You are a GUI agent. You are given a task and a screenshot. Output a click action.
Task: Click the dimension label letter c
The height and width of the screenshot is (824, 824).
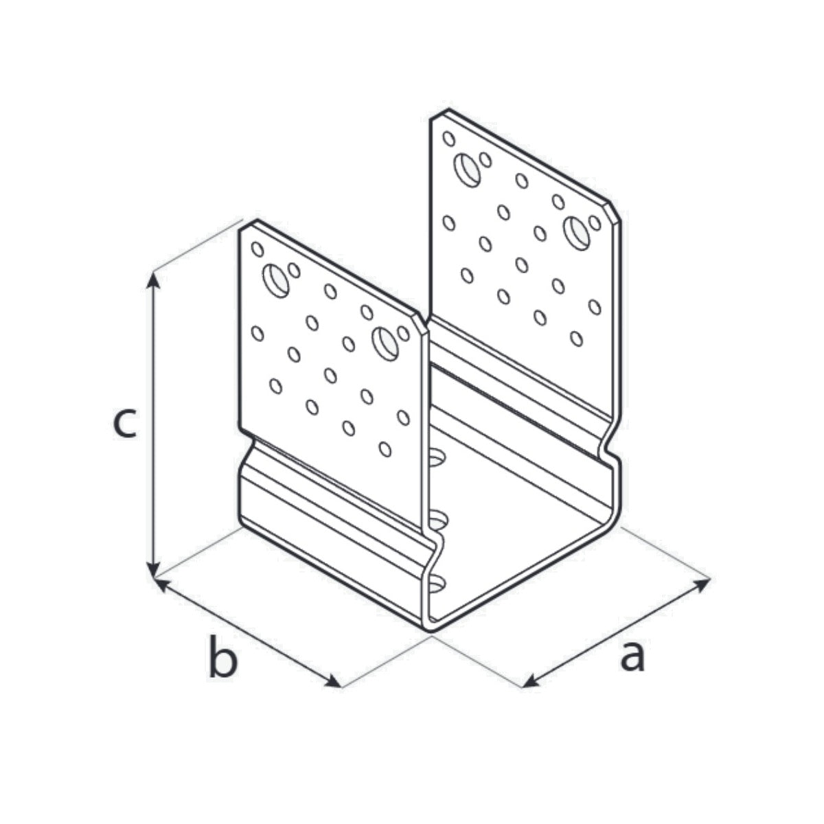[124, 424]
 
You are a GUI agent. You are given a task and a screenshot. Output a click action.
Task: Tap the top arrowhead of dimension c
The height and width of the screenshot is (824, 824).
[154, 279]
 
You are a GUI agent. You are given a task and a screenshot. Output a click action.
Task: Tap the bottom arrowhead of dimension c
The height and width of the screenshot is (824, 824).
[154, 569]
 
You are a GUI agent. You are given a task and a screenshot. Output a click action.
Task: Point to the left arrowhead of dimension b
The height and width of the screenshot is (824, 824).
[161, 584]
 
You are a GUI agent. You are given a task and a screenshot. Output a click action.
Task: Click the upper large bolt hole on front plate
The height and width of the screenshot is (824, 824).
[276, 281]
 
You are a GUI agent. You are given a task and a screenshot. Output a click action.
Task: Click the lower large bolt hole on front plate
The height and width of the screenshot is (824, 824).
[385, 343]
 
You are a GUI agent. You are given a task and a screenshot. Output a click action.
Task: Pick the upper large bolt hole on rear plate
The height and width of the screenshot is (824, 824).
[468, 170]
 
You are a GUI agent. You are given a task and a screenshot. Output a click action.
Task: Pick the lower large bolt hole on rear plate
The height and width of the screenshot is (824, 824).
[576, 233]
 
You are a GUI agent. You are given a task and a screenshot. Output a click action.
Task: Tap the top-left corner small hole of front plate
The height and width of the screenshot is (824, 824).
[257, 249]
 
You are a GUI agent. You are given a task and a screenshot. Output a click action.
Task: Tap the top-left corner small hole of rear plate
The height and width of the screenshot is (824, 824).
[448, 139]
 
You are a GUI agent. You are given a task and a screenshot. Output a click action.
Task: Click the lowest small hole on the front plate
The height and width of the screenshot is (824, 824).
[385, 449]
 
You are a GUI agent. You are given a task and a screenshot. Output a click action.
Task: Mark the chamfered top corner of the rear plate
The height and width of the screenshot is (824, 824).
[613, 210]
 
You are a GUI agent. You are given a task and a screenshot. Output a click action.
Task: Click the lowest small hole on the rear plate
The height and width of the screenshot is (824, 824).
[576, 339]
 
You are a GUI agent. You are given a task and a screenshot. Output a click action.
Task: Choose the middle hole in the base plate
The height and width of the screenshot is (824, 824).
[437, 522]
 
